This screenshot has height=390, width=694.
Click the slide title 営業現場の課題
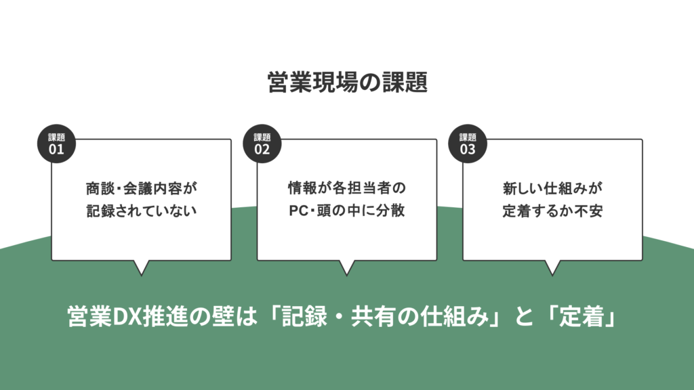pos(348,82)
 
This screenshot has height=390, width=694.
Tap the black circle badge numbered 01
pos(56,144)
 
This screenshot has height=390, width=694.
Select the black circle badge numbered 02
pos(262,144)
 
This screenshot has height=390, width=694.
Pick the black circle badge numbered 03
pos(468,144)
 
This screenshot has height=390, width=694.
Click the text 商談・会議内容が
pos(142,188)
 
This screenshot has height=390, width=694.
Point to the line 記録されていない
pos(142,211)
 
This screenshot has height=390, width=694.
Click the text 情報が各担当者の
pos(347,188)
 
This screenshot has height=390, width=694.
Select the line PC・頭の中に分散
pos(347,211)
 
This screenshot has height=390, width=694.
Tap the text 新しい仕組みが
pos(552,188)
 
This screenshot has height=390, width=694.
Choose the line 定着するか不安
pos(552,211)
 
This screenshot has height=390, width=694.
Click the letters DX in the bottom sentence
pos(127,317)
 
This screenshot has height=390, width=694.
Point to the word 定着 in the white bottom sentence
pos(581,317)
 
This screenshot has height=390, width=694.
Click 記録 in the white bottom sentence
pos(304,317)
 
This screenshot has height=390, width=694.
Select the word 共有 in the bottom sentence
pos(374,317)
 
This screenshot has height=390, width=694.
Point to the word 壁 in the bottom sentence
pos(223,317)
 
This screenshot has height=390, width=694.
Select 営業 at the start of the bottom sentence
pos(90,317)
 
